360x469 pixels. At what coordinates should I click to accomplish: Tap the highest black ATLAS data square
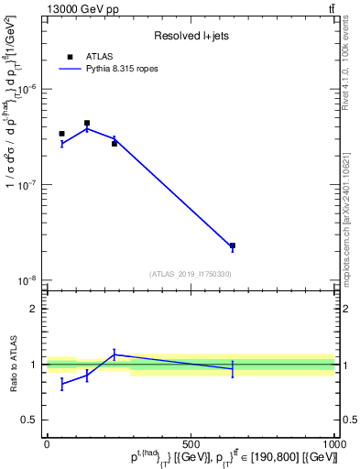(x=87, y=123)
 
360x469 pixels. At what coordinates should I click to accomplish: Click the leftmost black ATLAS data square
(x=61, y=134)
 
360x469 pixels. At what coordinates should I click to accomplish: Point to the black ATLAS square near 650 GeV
(x=233, y=245)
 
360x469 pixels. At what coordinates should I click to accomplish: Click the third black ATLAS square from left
(x=115, y=143)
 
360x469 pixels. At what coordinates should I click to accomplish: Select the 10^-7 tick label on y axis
(x=29, y=185)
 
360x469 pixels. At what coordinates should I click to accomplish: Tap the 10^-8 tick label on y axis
(x=29, y=280)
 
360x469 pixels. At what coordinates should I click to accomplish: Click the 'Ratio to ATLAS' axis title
(x=13, y=364)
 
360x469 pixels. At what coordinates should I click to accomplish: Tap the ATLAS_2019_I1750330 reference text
(x=191, y=274)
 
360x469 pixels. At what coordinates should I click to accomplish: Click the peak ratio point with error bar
(x=115, y=354)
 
